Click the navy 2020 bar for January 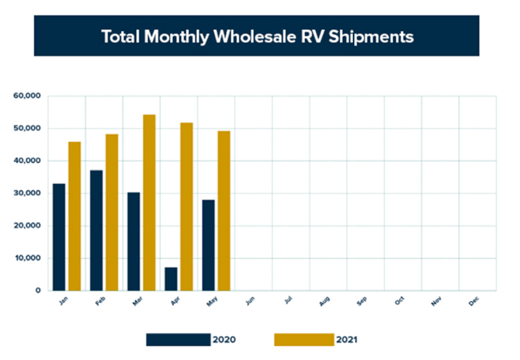(x=58, y=237)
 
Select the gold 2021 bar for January (x=75, y=216)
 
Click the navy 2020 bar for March (x=133, y=241)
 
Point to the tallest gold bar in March (x=149, y=202)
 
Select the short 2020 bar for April (x=171, y=279)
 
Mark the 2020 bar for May (x=208, y=245)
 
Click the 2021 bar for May (x=224, y=210)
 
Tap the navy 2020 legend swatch (x=178, y=340)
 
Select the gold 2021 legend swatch (x=304, y=340)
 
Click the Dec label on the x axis (x=474, y=301)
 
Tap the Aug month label (x=324, y=301)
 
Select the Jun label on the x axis (x=250, y=301)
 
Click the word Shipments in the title (x=372, y=36)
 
